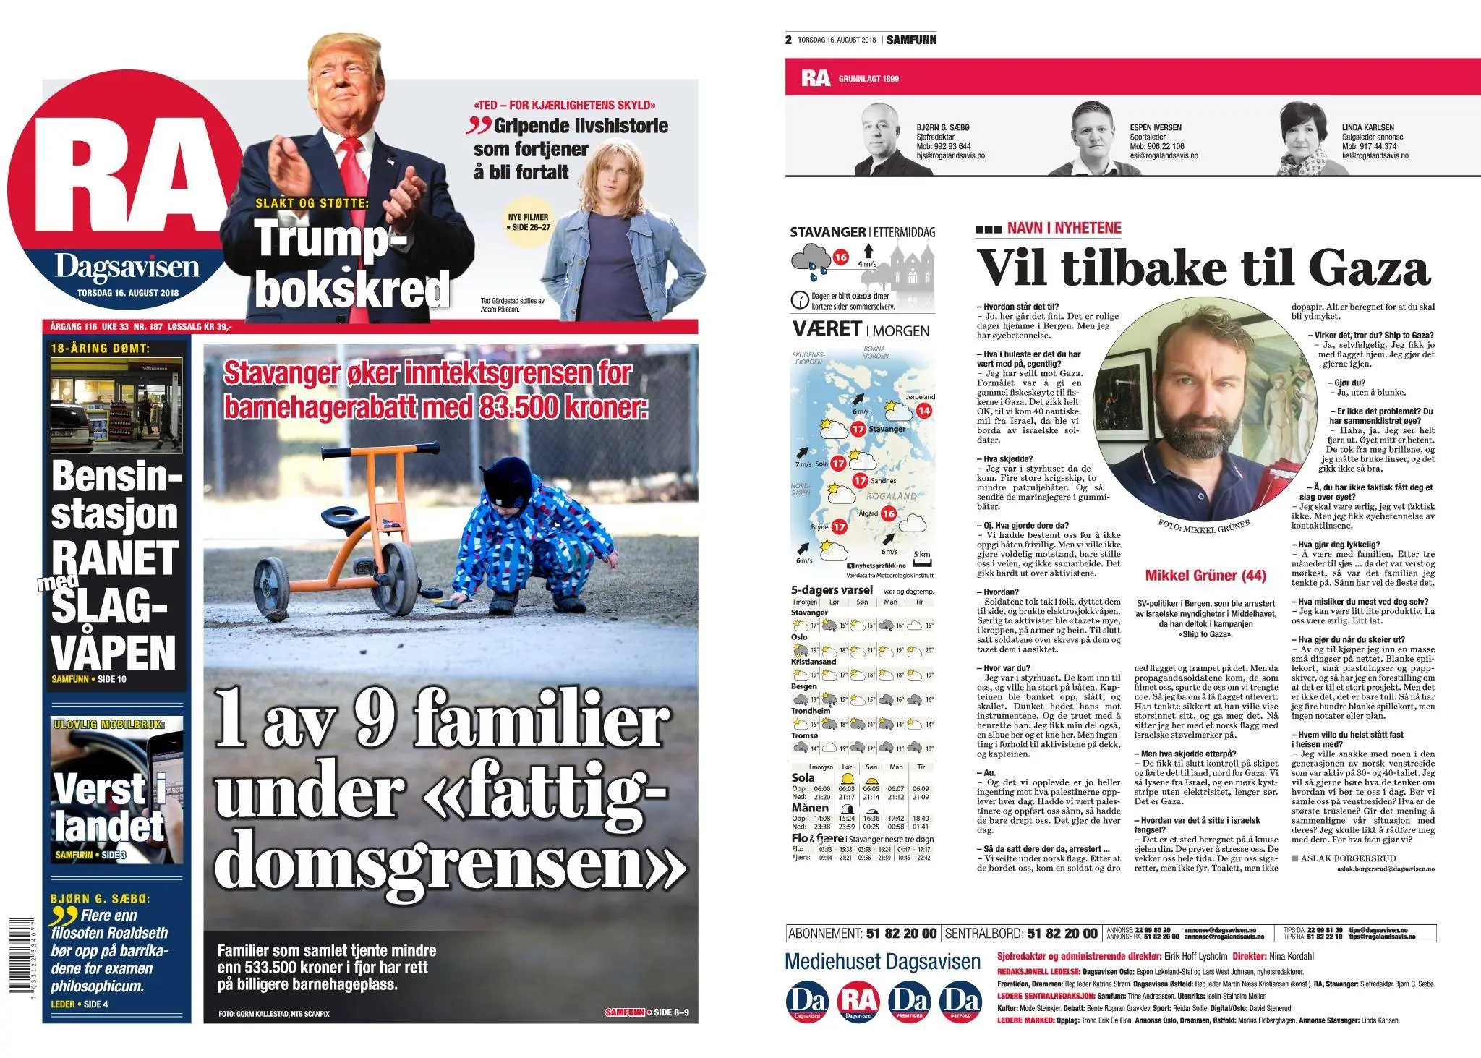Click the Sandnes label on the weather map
(x=883, y=480)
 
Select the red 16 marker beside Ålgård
(x=888, y=513)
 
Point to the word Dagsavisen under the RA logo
(x=127, y=268)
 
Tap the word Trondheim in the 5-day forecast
(x=808, y=711)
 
